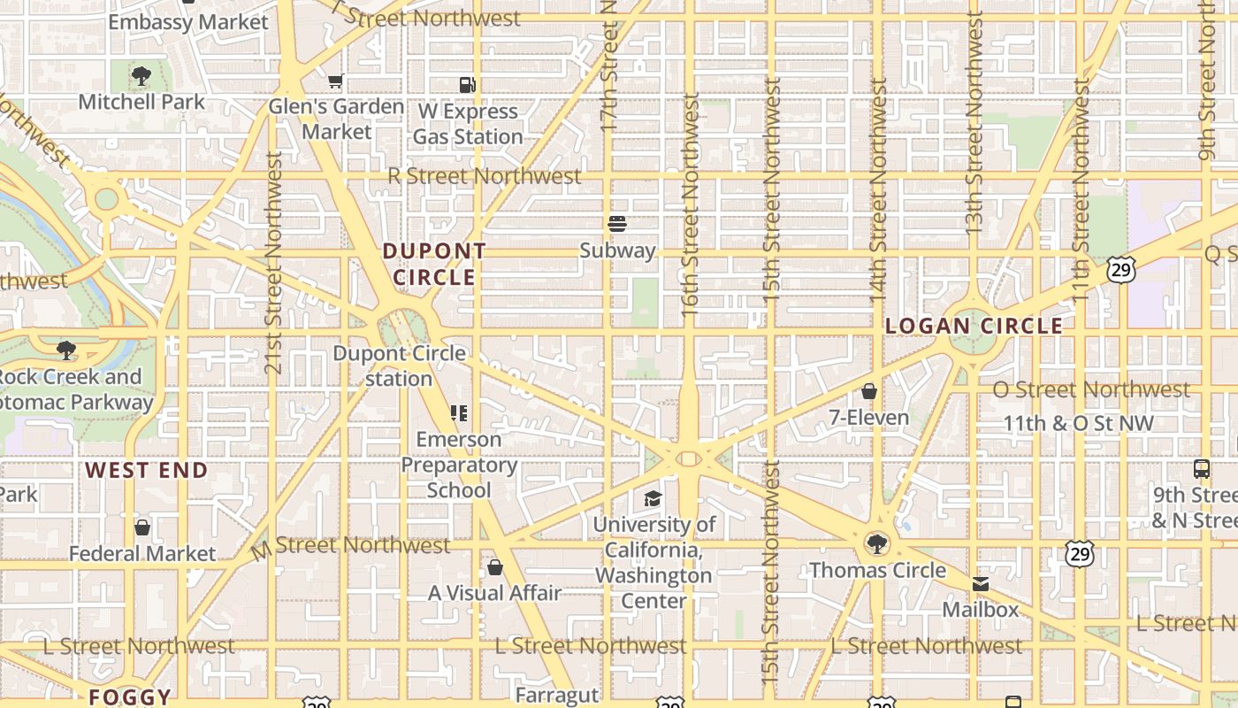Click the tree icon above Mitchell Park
[141, 76]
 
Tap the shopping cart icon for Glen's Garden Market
[336, 81]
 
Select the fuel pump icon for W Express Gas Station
[468, 85]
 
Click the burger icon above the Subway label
[617, 224]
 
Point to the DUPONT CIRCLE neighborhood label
[434, 264]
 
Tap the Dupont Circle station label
[399, 366]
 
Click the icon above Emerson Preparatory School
[459, 412]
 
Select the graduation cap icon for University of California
[653, 498]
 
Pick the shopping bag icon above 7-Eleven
[869, 391]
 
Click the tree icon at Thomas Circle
[877, 543]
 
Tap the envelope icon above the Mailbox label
[981, 584]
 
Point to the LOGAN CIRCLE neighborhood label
[974, 326]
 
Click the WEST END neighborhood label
[147, 470]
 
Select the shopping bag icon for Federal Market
[142, 527]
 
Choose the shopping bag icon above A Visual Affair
[495, 566]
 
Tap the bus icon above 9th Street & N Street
[1201, 469]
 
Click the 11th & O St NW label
[1078, 423]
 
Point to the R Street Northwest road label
[485, 176]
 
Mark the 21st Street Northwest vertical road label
[274, 262]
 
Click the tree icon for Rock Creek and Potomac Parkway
[65, 350]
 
